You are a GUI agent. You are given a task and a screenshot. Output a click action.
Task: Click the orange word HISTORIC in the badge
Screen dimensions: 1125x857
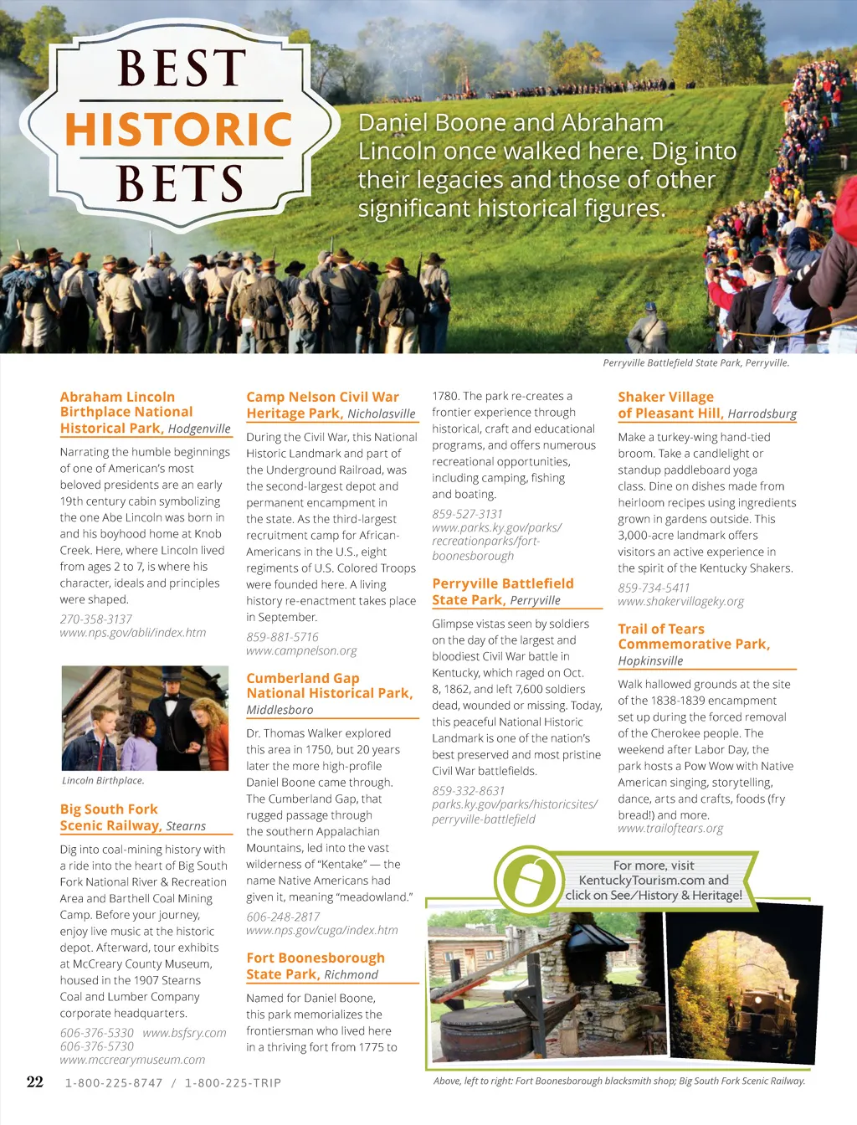pyautogui.click(x=178, y=130)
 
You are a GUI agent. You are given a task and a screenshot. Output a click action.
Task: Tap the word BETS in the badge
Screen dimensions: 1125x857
pyautogui.click(x=179, y=183)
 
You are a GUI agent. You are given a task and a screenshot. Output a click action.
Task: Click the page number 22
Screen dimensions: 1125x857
pyautogui.click(x=35, y=1081)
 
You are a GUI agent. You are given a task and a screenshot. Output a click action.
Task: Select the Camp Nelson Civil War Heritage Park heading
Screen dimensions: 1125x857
pyautogui.click(x=322, y=405)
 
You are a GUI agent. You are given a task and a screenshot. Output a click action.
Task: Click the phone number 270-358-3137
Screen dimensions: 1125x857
pyautogui.click(x=96, y=619)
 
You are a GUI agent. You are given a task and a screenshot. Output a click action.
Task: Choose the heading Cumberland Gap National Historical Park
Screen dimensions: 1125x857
pyautogui.click(x=329, y=686)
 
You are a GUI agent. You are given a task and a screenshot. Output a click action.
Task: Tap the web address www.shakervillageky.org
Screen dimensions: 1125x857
pyautogui.click(x=680, y=602)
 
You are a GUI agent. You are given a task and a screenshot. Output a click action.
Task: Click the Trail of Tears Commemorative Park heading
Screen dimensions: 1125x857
pyautogui.click(x=694, y=636)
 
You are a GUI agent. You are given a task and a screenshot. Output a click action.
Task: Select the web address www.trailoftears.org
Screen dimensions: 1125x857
pyautogui.click(x=670, y=829)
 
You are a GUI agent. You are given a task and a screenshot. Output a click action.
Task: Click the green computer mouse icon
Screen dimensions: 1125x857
pyautogui.click(x=526, y=881)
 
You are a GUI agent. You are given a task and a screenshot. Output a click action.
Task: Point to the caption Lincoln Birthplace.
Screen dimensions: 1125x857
pyautogui.click(x=103, y=781)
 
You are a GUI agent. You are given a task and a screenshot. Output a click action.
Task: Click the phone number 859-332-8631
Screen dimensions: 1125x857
pyautogui.click(x=469, y=791)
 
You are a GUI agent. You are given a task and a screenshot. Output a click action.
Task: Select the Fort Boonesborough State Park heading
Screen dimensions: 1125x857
pyautogui.click(x=316, y=966)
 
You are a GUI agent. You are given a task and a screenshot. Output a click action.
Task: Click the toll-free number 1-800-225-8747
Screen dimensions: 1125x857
pyautogui.click(x=114, y=1083)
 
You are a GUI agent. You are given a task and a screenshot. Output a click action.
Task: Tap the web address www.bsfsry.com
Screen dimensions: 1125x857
pyautogui.click(x=184, y=1033)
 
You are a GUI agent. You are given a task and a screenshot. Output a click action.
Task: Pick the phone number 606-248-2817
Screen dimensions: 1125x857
pyautogui.click(x=283, y=917)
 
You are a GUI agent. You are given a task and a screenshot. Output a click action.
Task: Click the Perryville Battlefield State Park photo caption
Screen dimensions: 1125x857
pyautogui.click(x=695, y=363)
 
